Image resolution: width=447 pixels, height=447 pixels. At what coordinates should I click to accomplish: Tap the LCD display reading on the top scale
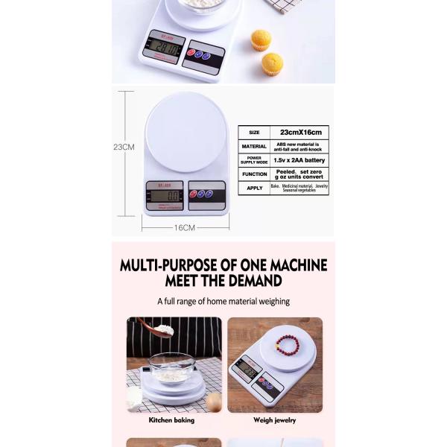(x=165, y=49)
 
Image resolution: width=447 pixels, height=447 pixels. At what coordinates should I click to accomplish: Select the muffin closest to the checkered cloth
(x=261, y=39)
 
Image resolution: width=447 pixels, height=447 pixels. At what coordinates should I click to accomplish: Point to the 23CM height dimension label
(x=124, y=147)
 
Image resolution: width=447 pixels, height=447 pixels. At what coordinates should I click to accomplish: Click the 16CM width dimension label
(x=184, y=227)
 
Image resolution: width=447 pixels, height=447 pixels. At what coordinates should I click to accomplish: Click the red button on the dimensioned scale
(x=195, y=194)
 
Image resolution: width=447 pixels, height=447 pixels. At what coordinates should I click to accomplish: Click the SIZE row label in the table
(x=254, y=132)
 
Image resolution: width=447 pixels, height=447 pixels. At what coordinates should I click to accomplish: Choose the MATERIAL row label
(x=254, y=146)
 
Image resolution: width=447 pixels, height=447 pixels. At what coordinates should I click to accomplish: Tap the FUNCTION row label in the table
(x=254, y=174)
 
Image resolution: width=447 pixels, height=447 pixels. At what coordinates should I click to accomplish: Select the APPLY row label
(x=254, y=188)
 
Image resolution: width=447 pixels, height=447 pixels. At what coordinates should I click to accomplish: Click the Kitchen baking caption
(x=172, y=420)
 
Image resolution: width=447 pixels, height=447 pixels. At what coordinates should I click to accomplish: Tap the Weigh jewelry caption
(x=274, y=420)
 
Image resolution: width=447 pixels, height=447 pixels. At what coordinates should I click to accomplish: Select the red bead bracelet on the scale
(x=286, y=345)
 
